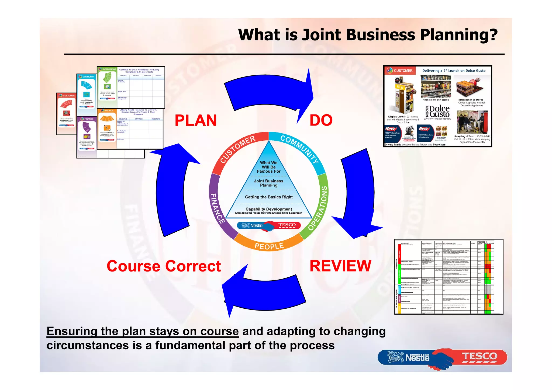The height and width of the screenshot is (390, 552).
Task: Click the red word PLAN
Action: [196, 120]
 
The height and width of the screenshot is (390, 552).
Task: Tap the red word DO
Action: [321, 120]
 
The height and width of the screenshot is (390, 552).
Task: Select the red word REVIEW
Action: [340, 266]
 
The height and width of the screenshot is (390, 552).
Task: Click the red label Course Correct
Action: [164, 266]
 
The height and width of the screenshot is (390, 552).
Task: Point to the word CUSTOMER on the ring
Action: [237, 149]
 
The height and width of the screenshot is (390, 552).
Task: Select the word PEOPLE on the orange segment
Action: [269, 246]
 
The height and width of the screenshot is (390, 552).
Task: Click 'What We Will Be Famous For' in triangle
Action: [269, 167]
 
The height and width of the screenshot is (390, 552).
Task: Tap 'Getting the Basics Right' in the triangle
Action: [269, 197]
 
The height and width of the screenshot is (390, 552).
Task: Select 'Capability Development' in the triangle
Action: [269, 209]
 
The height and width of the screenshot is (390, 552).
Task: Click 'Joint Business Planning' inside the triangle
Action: [269, 183]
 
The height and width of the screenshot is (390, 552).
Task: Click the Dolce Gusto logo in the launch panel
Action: [439, 111]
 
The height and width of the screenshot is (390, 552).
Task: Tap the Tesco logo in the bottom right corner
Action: [479, 357]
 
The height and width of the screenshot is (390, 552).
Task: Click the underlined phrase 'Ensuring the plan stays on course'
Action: [143, 331]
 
